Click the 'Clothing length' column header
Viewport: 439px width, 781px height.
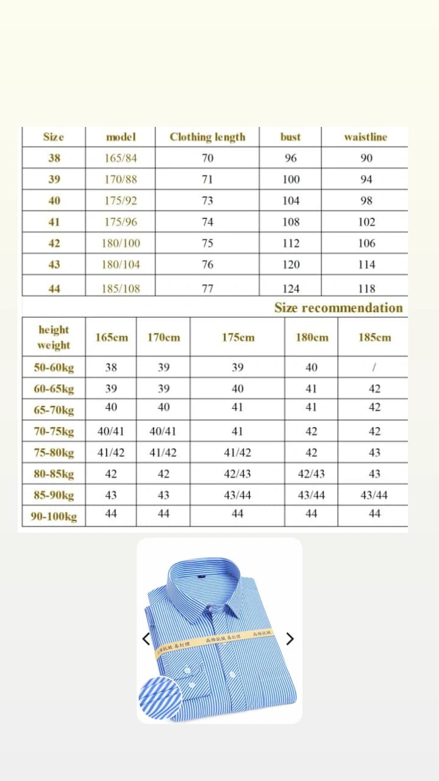pos(207,137)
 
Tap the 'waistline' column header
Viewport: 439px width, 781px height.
pos(365,137)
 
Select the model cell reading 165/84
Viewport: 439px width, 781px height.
pos(120,159)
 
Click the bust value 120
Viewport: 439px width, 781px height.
pos(291,265)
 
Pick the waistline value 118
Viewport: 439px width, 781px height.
pos(366,289)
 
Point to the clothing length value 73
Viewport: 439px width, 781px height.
pos(207,201)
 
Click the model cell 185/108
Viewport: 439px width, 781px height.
pos(120,289)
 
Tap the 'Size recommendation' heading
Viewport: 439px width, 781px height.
pos(338,308)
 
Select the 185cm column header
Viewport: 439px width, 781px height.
pos(374,337)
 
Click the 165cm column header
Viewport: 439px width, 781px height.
pos(112,337)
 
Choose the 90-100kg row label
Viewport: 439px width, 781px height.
pos(54,517)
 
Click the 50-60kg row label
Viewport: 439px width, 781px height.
pos(54,368)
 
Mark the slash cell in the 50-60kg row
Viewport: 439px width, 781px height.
pos(374,368)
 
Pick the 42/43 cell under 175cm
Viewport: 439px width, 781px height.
pos(237,474)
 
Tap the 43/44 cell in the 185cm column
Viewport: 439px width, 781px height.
pos(374,495)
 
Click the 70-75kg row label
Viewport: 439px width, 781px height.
pos(54,432)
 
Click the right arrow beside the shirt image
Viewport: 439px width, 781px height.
pos(290,639)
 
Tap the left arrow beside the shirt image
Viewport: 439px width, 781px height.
pos(146,639)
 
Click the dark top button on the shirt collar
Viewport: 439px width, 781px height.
pos(201,575)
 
